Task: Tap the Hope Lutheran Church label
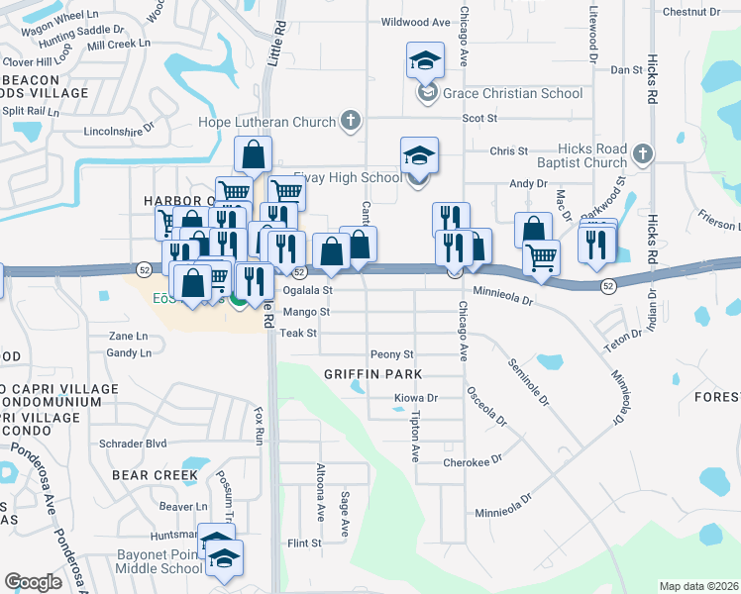tap(272, 122)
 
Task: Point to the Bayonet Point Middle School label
tap(159, 561)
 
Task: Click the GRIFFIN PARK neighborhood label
tap(373, 374)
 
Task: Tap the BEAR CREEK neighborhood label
tap(155, 475)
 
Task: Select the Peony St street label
tap(391, 354)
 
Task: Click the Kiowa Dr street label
tap(416, 398)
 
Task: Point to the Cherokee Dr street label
tap(474, 461)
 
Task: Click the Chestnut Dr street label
tap(691, 12)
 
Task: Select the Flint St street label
tap(304, 544)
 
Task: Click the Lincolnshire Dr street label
tap(121, 129)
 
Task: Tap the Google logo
tap(34, 581)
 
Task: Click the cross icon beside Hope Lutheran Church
tap(349, 122)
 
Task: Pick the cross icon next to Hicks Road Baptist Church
tap(642, 153)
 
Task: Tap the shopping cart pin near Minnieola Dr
tap(541, 257)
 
